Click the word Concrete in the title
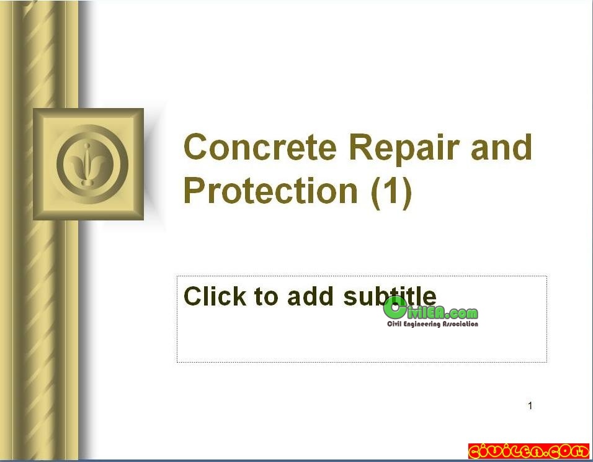(260, 147)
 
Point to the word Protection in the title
(270, 190)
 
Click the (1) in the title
(391, 192)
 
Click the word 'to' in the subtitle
(267, 297)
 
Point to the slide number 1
(530, 405)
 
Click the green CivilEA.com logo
(430, 311)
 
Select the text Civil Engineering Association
(432, 324)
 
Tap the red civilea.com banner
(528, 451)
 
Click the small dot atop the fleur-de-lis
(87, 145)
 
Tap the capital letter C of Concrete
(195, 147)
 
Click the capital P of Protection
(194, 190)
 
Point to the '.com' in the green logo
(462, 314)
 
